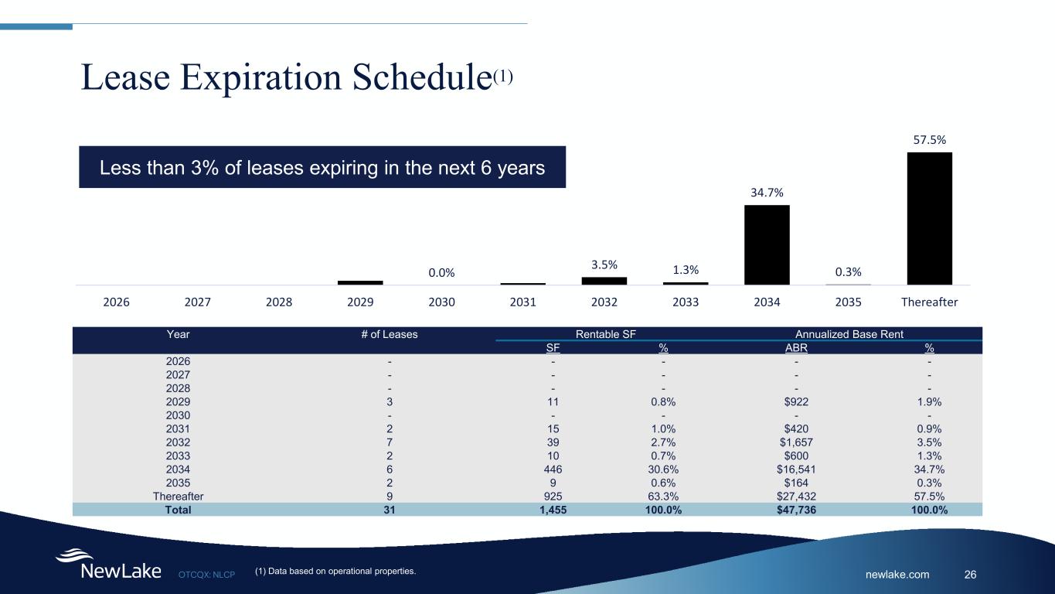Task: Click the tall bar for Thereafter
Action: pyautogui.click(x=929, y=218)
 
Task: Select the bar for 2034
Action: pyautogui.click(x=767, y=244)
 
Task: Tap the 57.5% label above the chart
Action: pyautogui.click(x=929, y=139)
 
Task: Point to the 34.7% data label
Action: pyautogui.click(x=767, y=192)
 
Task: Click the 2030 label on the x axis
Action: pyautogui.click(x=441, y=302)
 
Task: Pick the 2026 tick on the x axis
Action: pyautogui.click(x=117, y=302)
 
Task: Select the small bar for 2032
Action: pyautogui.click(x=604, y=281)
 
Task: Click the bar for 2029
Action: pyautogui.click(x=360, y=282)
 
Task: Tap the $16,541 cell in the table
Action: pyautogui.click(x=795, y=469)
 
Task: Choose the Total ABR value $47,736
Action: pyautogui.click(x=795, y=510)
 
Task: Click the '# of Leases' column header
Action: pyautogui.click(x=390, y=334)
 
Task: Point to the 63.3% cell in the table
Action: pyautogui.click(x=663, y=496)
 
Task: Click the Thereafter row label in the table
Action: pyautogui.click(x=179, y=496)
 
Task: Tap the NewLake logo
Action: pyautogui.click(x=107, y=565)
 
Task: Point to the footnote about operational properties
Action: pyautogui.click(x=335, y=572)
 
